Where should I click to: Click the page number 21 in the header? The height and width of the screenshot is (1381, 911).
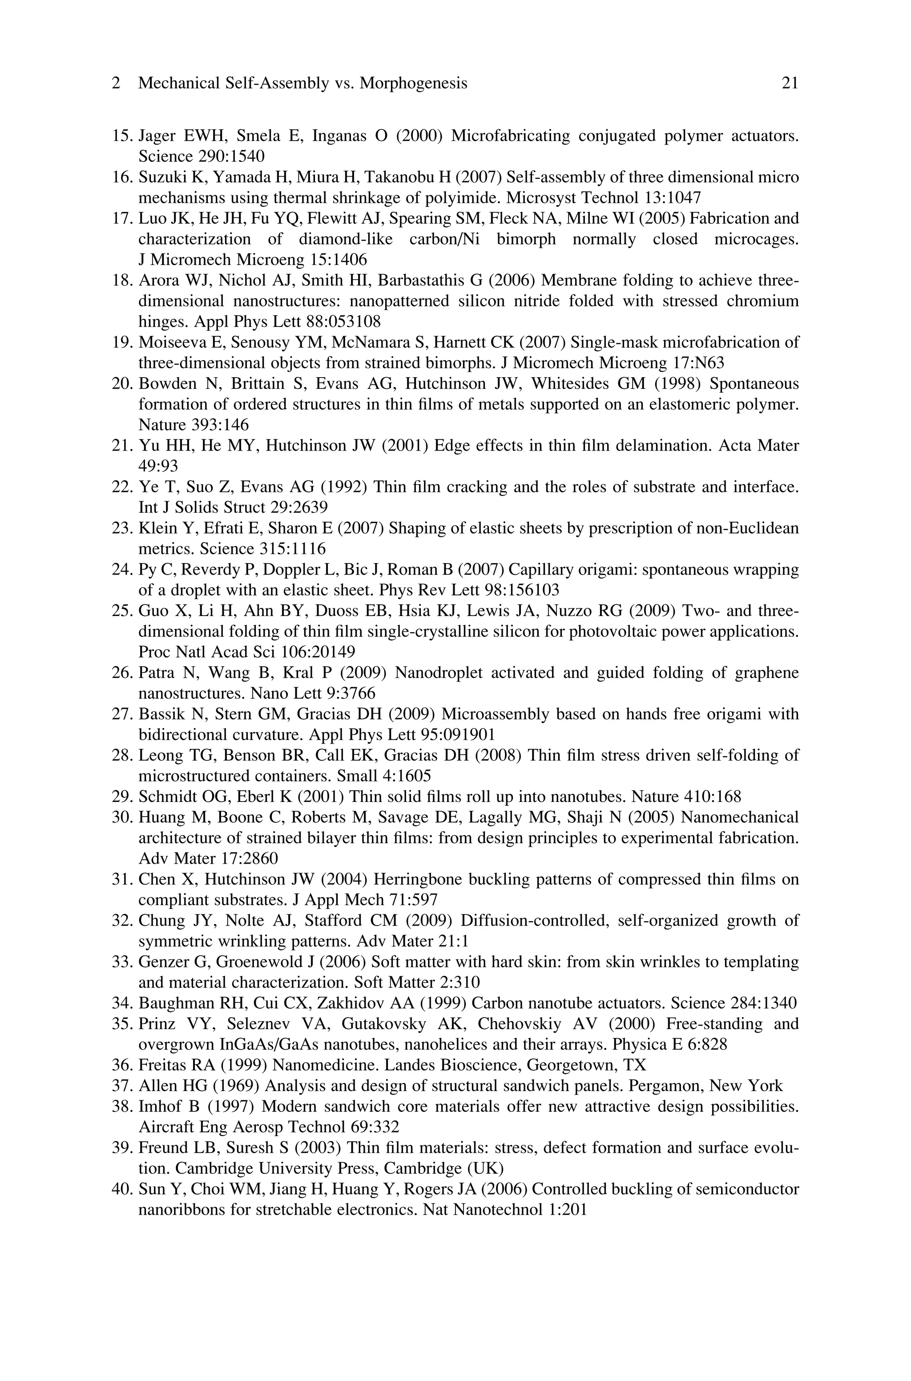(790, 84)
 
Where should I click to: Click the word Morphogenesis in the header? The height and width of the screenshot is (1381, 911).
(413, 84)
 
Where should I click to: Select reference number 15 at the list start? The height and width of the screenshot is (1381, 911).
(121, 136)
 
